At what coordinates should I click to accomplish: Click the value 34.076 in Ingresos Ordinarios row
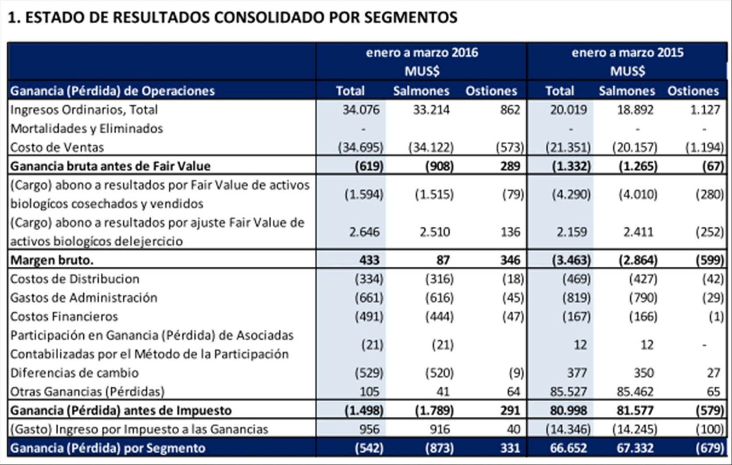(361, 110)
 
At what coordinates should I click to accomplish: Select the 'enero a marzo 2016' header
(422, 53)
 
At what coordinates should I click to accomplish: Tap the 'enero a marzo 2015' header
(627, 53)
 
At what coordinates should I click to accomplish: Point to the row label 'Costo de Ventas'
(57, 147)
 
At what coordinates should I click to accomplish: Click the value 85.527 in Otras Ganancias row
(569, 391)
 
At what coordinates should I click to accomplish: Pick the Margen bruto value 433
(369, 260)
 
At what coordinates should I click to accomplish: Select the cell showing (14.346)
(568, 429)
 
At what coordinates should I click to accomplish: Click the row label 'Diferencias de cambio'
(75, 373)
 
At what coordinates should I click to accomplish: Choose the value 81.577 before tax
(635, 411)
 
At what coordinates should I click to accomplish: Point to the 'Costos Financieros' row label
(64, 316)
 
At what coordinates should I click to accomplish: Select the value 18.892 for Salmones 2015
(635, 110)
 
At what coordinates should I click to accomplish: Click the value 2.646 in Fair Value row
(364, 232)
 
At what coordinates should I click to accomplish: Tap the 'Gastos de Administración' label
(84, 298)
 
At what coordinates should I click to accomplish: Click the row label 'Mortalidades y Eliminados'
(86, 129)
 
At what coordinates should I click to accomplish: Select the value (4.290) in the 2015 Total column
(571, 194)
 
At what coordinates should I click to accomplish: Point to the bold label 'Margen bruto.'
(52, 260)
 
